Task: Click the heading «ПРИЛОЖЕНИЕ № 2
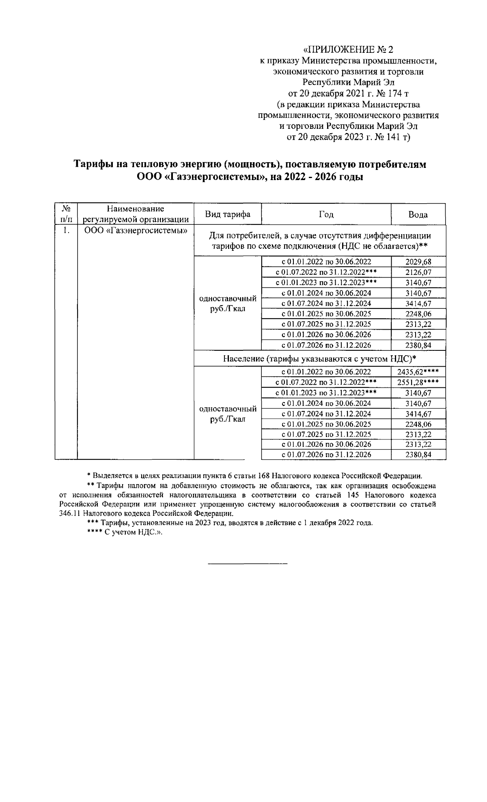click(348, 50)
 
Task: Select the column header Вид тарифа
click(227, 214)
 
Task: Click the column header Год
click(326, 214)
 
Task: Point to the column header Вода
click(418, 215)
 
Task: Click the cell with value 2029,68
click(418, 262)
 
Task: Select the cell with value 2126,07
click(418, 272)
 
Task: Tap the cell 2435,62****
click(418, 372)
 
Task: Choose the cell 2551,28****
click(418, 383)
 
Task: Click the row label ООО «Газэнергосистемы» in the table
click(136, 231)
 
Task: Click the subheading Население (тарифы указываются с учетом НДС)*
click(320, 359)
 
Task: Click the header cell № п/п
click(66, 214)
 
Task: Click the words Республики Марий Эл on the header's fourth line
click(348, 83)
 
